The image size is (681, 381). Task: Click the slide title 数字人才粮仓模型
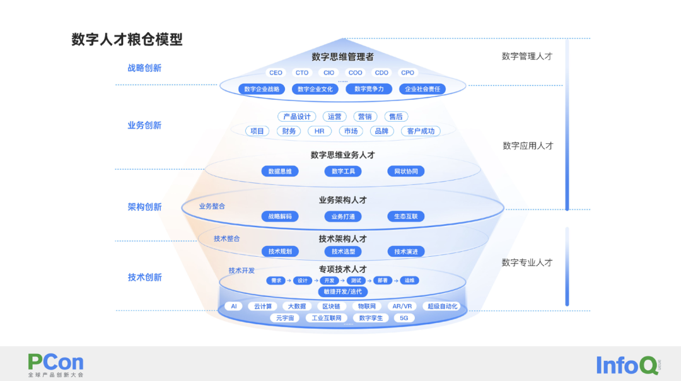127,40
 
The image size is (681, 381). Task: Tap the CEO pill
276,73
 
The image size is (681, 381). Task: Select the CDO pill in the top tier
381,73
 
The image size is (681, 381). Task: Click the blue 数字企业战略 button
262,89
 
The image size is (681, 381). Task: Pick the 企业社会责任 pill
422,89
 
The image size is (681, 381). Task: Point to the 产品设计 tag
296,117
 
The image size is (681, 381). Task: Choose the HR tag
320,131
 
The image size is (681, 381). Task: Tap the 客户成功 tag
421,131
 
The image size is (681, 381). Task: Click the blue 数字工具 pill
343,171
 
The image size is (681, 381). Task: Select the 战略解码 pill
280,216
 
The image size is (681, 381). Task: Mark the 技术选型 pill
343,252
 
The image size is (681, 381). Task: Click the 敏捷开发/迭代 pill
342,291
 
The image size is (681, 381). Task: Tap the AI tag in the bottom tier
233,307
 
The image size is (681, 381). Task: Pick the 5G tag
404,318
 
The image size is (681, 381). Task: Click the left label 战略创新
144,68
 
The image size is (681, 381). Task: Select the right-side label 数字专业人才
527,262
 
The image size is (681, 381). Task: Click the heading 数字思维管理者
342,57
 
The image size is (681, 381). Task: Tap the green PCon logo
55,363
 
